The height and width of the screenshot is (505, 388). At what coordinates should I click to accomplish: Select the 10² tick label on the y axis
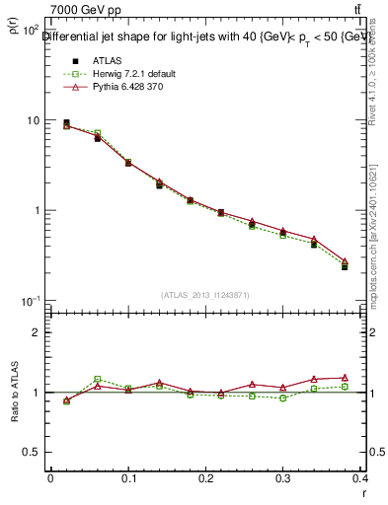coord(30,32)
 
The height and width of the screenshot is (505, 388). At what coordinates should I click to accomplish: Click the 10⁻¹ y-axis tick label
coord(30,301)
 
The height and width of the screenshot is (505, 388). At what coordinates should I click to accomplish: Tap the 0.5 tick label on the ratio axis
coord(32,452)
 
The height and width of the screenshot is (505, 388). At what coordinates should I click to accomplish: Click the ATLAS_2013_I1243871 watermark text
coord(206,295)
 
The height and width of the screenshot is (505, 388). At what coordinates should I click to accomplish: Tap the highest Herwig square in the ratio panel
coord(97,379)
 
